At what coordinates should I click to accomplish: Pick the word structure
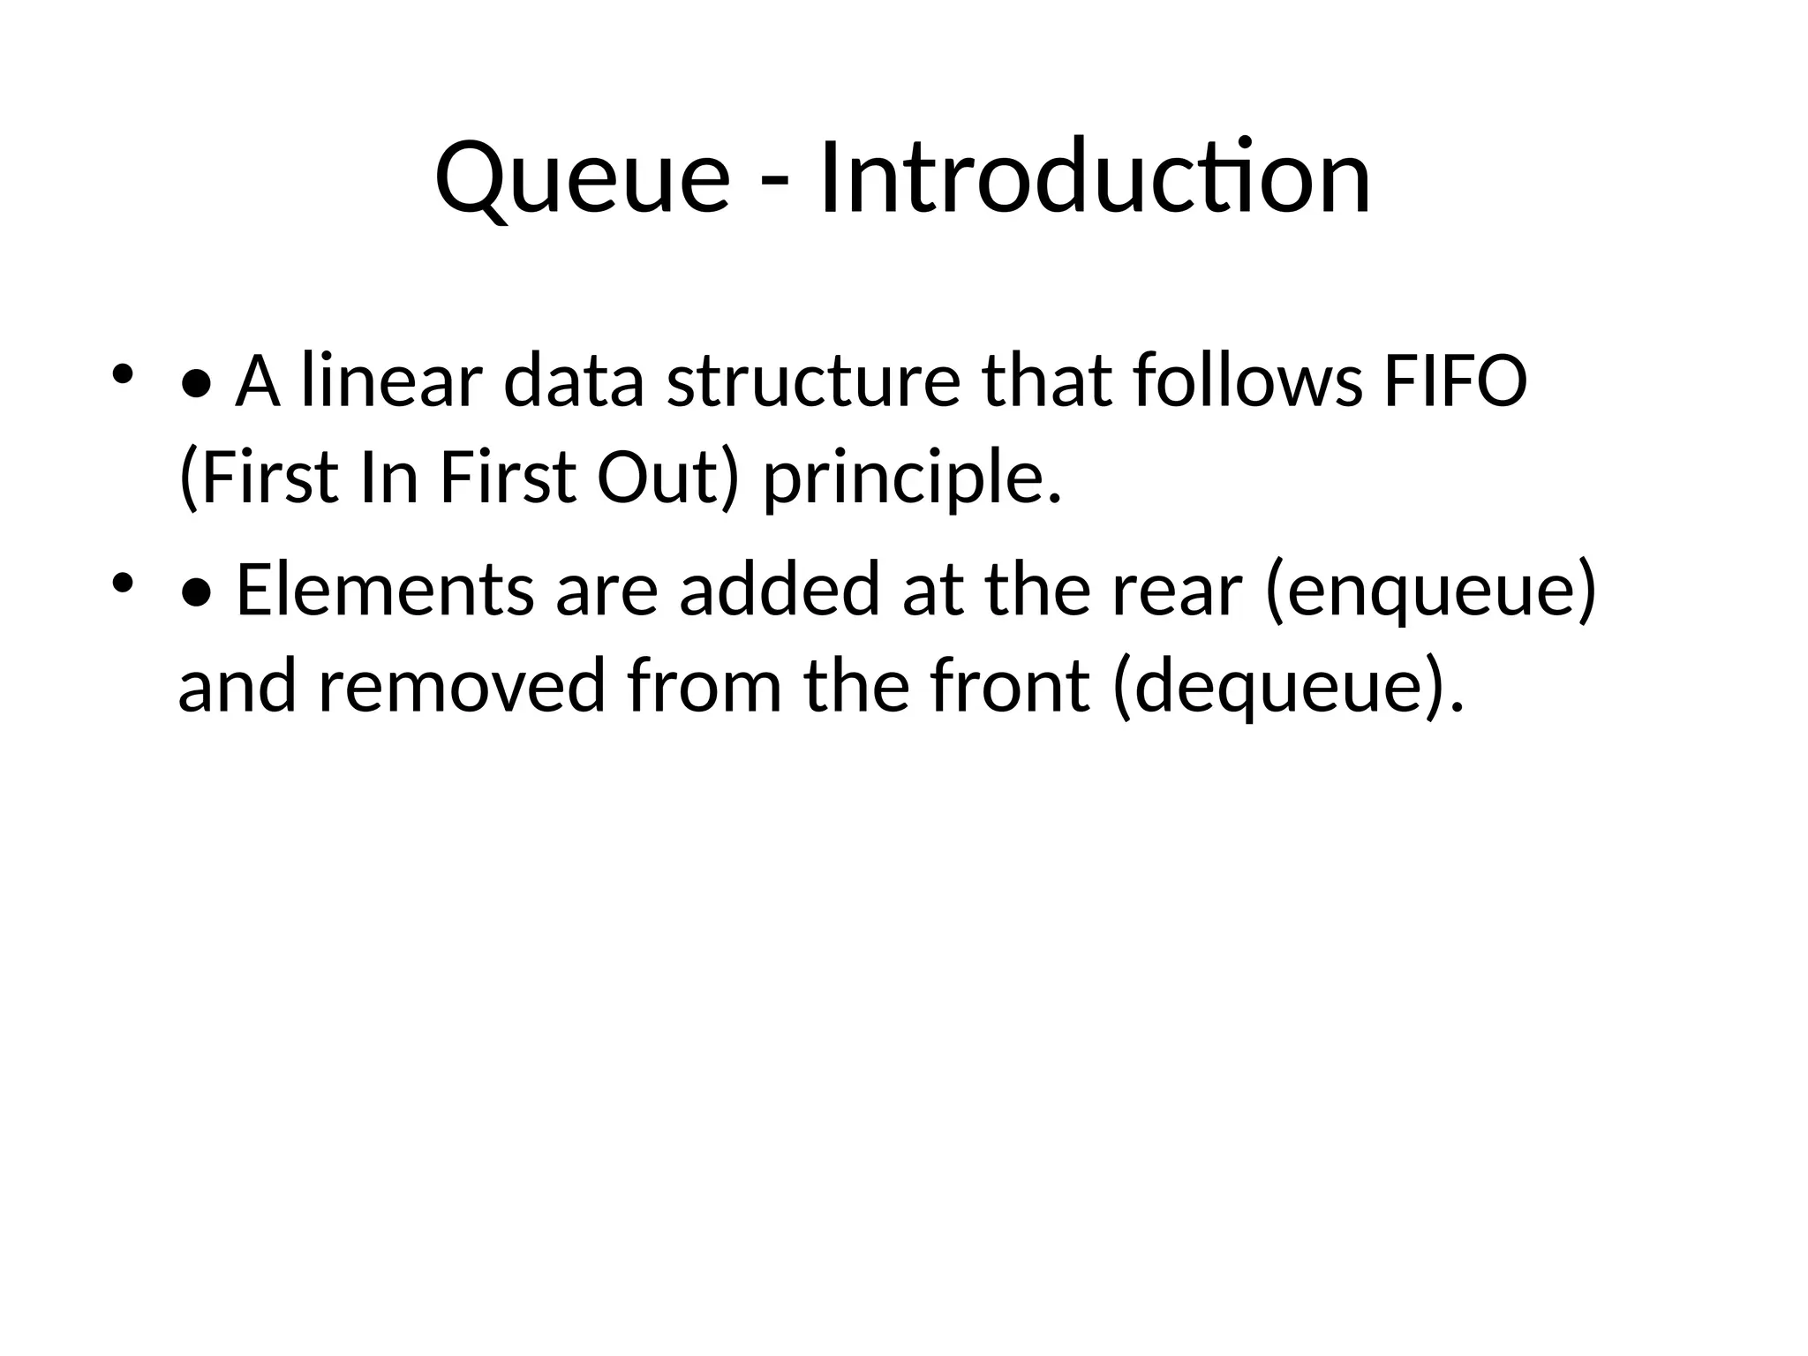tap(813, 381)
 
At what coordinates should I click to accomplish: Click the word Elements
tap(385, 590)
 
